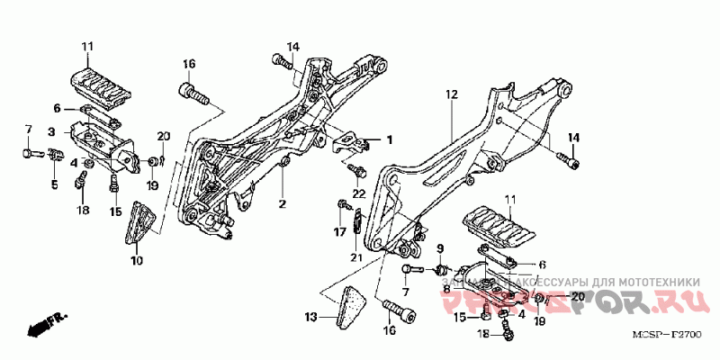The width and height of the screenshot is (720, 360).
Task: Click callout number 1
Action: click(x=391, y=139)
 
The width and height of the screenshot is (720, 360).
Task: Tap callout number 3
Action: click(x=52, y=131)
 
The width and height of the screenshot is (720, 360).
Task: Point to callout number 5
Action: click(x=53, y=184)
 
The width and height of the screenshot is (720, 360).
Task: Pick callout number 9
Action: click(x=441, y=248)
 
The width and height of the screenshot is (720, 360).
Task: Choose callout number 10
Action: click(x=136, y=260)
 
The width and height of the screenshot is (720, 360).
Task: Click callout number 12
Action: click(x=451, y=94)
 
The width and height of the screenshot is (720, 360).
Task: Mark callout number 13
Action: click(x=310, y=317)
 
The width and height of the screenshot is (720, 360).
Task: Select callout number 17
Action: click(x=340, y=231)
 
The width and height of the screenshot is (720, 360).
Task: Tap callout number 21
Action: click(x=356, y=258)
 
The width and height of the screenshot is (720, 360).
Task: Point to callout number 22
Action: click(x=357, y=193)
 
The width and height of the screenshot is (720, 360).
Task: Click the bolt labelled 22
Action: click(x=357, y=169)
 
